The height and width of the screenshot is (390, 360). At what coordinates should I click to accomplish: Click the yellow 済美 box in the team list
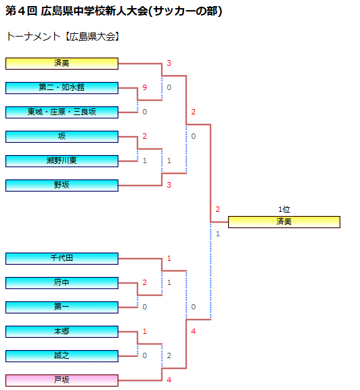point(62,64)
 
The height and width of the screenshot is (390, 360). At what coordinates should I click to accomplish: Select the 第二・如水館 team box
point(62,88)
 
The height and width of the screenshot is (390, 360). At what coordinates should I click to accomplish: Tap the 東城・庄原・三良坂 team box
point(62,112)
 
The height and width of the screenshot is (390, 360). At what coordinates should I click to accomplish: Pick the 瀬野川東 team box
point(62,161)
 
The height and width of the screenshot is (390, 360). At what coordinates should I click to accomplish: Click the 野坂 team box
point(62,186)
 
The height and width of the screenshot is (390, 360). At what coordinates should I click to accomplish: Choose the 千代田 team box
point(62,259)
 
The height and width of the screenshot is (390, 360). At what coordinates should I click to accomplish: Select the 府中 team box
point(62,283)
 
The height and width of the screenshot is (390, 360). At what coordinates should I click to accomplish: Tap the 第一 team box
point(62,307)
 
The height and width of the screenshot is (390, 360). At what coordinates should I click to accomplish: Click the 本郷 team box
point(62,332)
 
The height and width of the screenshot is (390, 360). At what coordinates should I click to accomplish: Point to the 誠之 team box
point(62,356)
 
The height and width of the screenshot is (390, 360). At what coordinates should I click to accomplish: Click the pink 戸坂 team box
point(62,381)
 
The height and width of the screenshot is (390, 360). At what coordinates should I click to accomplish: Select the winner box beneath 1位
point(284,222)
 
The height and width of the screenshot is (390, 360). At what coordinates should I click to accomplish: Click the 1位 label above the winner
point(284,209)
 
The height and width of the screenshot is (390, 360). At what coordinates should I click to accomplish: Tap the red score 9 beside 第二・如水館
point(144,87)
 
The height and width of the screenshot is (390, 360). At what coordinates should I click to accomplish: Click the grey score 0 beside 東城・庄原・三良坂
point(144,112)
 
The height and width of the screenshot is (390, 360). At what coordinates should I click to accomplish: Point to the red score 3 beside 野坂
point(168,185)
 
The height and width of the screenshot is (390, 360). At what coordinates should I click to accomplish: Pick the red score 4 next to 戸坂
point(168,380)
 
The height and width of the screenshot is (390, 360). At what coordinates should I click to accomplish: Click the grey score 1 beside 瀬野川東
point(144,160)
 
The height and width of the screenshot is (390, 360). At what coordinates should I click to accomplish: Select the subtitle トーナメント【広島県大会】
point(63,37)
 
